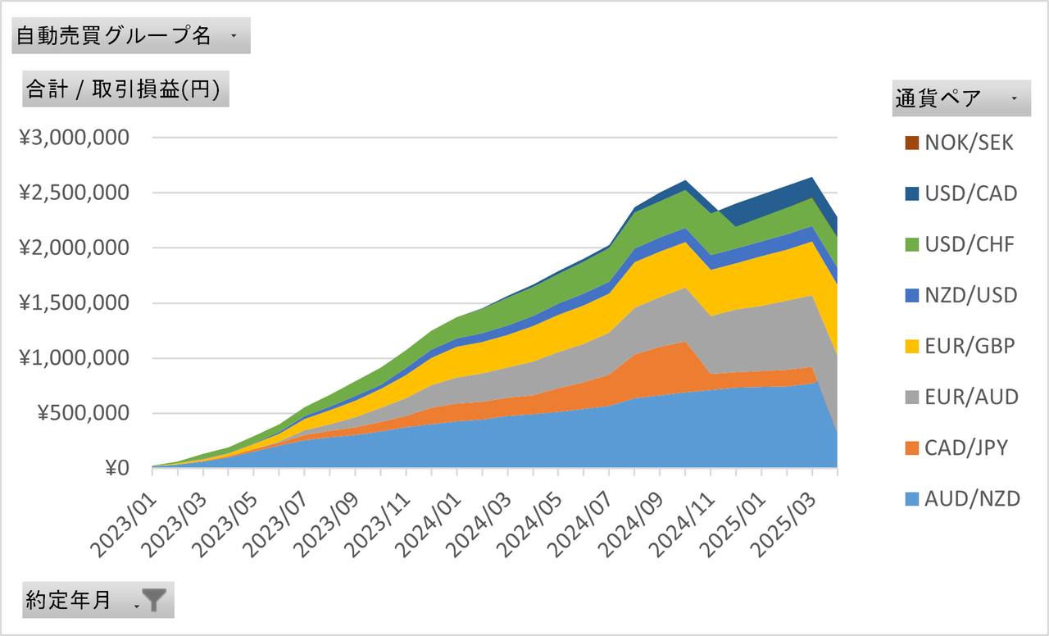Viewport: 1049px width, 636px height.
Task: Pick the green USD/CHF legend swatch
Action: coord(911,244)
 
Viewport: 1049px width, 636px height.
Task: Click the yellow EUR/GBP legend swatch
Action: coord(911,346)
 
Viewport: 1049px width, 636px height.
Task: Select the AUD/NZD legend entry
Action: coord(972,498)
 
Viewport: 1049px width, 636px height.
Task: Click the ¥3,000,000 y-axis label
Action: coord(75,138)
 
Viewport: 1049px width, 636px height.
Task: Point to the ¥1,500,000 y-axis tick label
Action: coord(75,303)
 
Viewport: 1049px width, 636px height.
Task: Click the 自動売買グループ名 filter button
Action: coord(130,36)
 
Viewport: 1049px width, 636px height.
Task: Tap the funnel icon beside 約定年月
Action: coord(154,601)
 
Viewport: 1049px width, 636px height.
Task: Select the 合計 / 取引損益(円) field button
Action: coord(125,89)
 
